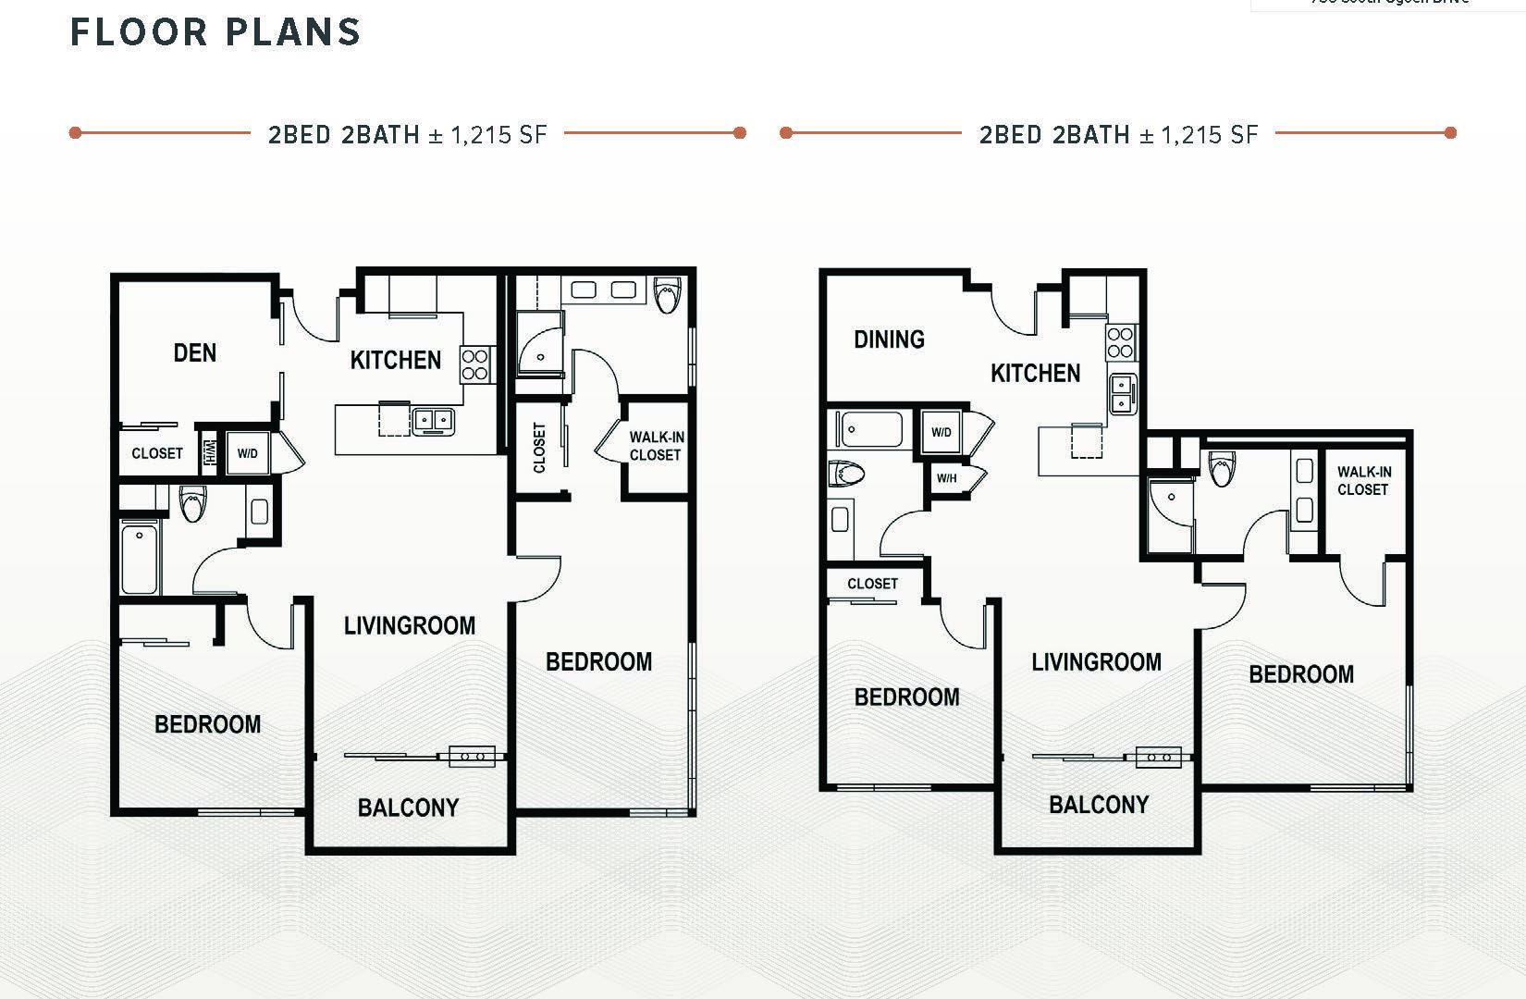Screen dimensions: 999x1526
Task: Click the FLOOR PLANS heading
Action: point(215,32)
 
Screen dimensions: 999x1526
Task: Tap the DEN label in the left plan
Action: point(195,352)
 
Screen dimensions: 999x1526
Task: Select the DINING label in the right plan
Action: point(889,339)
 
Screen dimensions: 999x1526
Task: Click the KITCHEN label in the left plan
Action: point(396,360)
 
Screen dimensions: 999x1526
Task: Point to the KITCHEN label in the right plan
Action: point(1035,374)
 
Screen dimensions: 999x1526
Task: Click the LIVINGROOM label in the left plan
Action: point(410,626)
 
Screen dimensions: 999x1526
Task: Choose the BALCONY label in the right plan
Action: point(1099,805)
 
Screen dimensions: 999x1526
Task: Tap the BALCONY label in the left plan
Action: point(408,808)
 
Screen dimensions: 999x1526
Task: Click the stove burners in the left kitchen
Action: point(475,364)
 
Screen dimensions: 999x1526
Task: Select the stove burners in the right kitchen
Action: point(1120,342)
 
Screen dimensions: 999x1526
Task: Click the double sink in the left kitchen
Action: point(432,420)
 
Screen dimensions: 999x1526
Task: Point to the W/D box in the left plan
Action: point(248,453)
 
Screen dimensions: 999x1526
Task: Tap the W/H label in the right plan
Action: point(946,478)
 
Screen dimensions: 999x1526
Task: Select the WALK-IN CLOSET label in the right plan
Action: point(1363,480)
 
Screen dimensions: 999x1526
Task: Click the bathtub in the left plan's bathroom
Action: point(140,556)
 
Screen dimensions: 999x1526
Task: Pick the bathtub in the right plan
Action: point(871,429)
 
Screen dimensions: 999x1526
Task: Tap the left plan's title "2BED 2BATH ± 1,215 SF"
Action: point(408,135)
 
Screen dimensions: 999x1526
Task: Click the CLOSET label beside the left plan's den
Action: point(157,453)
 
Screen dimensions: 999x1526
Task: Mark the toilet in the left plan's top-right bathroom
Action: point(666,295)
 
